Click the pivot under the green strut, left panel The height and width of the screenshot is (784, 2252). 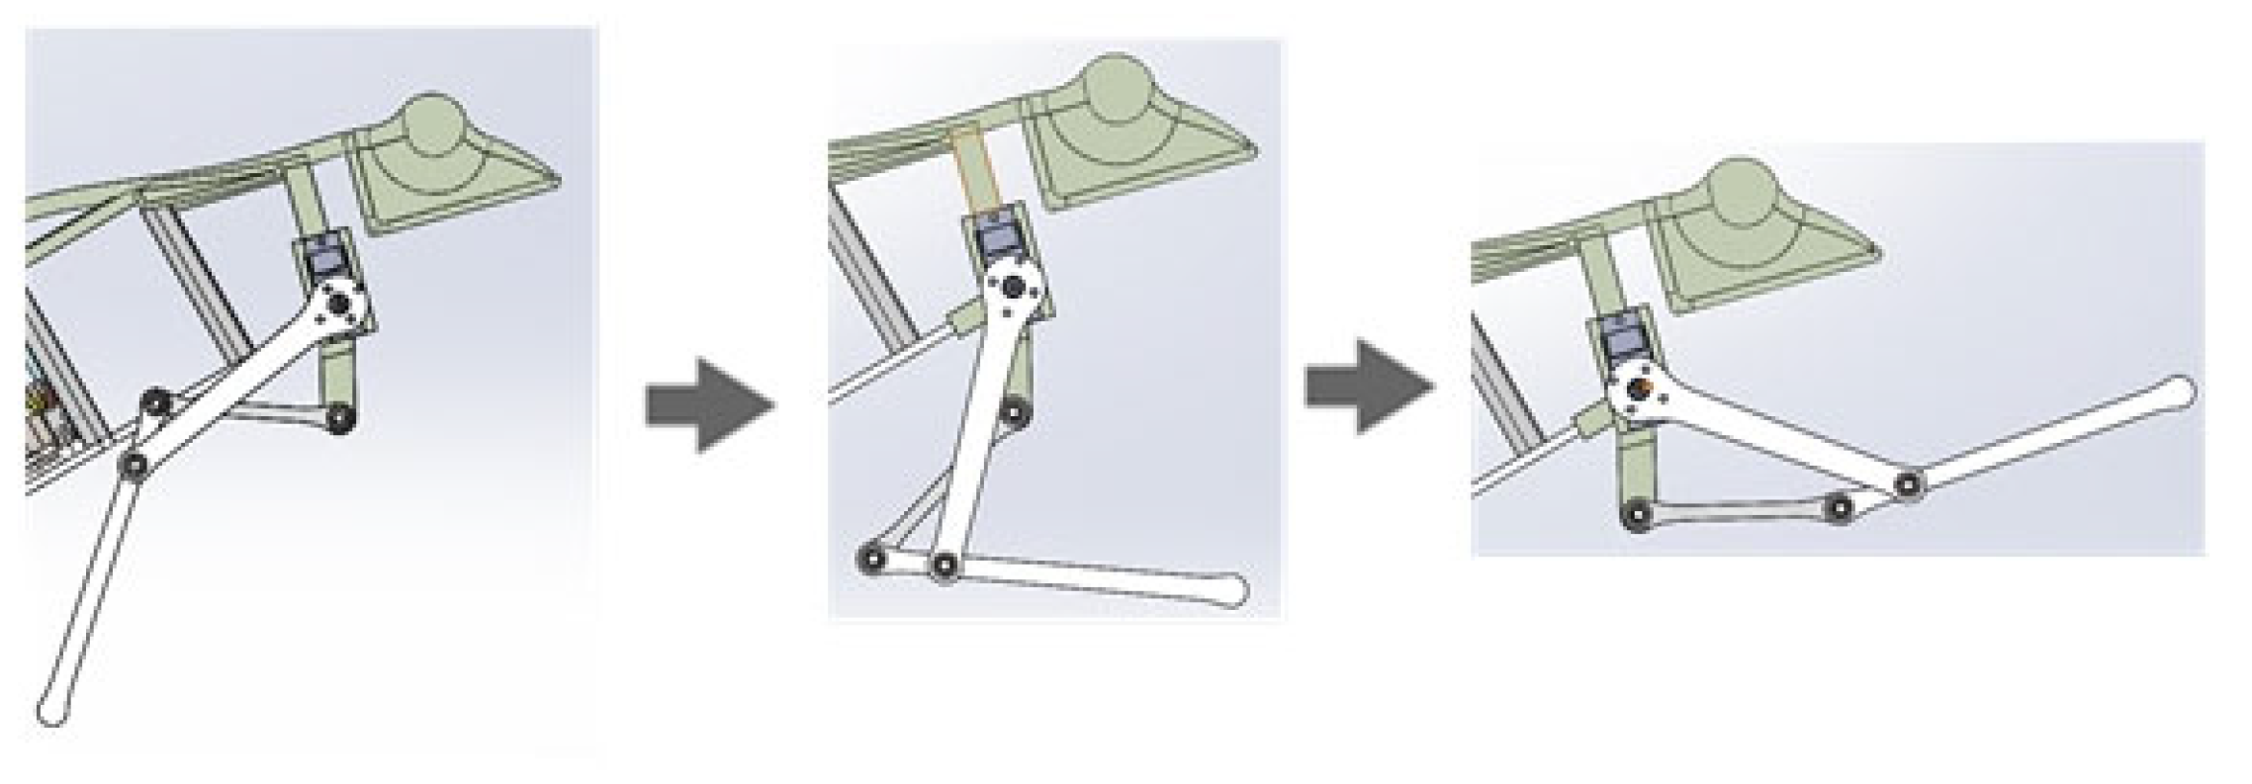339,418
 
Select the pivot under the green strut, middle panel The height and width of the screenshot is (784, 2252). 1012,408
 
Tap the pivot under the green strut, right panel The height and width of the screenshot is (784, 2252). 1637,516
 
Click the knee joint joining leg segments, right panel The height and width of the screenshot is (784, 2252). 1910,483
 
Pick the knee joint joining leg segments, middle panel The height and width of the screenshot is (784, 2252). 945,566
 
